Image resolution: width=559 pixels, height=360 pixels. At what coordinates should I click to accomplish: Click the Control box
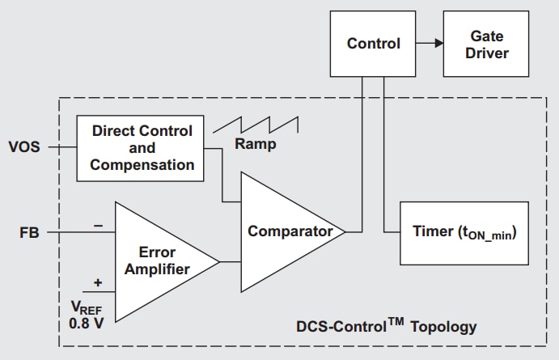[373, 44]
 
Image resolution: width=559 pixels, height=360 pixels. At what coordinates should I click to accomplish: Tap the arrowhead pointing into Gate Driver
[438, 44]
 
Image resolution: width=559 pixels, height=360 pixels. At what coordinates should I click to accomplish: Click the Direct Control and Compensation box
[142, 148]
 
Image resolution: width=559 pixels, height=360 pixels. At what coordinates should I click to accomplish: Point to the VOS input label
[23, 147]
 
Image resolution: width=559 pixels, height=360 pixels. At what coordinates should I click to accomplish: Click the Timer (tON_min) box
[464, 233]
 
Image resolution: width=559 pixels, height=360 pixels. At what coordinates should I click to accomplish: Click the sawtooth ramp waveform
[255, 125]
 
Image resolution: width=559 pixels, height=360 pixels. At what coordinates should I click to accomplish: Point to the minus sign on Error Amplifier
[99, 226]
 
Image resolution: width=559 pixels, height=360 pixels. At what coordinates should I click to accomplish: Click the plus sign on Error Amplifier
[99, 282]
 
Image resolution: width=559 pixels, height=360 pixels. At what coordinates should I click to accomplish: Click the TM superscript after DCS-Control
[396, 322]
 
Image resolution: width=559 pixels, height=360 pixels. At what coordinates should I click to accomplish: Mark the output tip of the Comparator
[345, 232]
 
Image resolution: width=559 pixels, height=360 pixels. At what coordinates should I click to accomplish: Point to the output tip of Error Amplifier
[219, 261]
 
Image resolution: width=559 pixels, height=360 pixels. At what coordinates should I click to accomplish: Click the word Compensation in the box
[142, 165]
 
